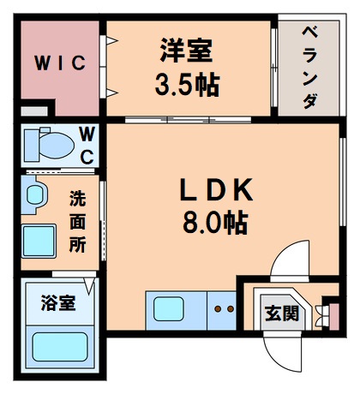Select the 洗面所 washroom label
(x=78, y=221)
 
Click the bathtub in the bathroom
(x=62, y=346)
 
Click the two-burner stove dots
(x=224, y=307)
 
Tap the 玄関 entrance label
(x=281, y=313)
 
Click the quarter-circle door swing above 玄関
(x=287, y=261)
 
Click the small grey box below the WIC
(x=33, y=111)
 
